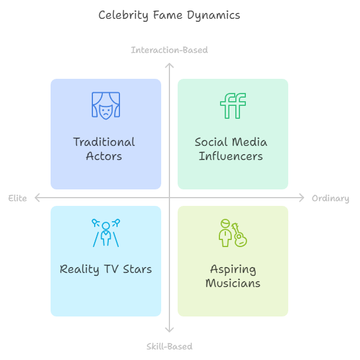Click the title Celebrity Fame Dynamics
[x=169, y=15]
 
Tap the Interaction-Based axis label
[x=169, y=50]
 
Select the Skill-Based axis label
[x=169, y=346]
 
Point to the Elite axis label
[x=18, y=198]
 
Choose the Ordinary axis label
[x=330, y=198]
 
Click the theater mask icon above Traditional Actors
[x=106, y=105]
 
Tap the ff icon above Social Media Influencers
[x=233, y=106]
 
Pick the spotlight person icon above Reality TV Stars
[x=106, y=232]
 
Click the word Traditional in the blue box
[x=104, y=142]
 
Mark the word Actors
[x=104, y=156]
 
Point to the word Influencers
[x=231, y=156]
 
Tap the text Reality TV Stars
[x=106, y=269]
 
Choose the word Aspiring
[x=233, y=269]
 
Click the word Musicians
[x=233, y=284]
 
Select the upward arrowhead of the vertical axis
[x=169, y=65]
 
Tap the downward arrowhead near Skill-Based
[x=169, y=331]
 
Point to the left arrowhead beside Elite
[x=36, y=198]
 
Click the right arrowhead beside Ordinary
[x=302, y=198]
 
